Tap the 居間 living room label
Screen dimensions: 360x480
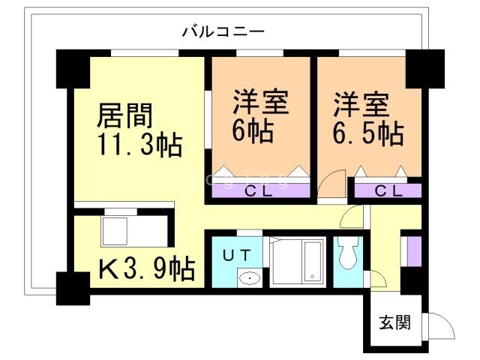(x=125, y=115)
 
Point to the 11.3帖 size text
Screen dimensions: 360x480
(x=139, y=144)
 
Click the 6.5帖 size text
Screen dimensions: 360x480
(x=368, y=133)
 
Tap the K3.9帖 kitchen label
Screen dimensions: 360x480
(x=147, y=267)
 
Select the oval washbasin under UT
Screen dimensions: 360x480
(x=249, y=279)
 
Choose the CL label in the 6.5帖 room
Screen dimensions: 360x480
(x=388, y=190)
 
